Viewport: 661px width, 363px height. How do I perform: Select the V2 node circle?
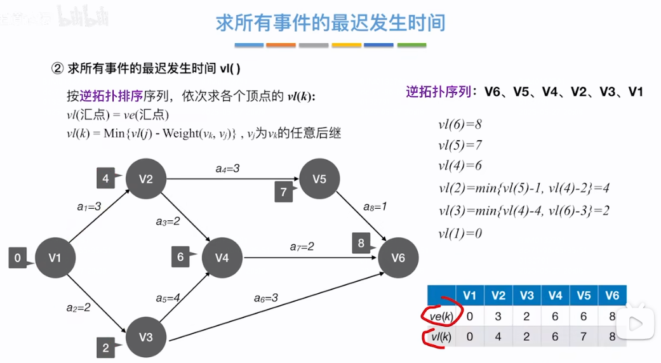146,179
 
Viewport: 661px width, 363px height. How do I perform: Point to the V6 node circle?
398,258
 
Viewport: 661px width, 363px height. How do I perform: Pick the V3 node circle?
146,336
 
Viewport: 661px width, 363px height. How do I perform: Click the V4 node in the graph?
222,258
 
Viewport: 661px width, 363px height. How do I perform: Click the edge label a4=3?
227,168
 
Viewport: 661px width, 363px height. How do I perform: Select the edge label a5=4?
168,297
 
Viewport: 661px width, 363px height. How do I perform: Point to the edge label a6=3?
266,297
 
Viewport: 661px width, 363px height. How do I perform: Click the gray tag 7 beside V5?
284,192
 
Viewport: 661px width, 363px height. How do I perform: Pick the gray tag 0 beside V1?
18,258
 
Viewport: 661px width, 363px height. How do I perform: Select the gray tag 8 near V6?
361,243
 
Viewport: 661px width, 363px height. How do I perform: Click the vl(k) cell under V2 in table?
498,336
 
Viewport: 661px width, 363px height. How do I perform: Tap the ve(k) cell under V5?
584,316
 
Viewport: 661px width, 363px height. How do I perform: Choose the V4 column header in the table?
555,295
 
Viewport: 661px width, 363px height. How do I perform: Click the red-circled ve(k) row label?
439,316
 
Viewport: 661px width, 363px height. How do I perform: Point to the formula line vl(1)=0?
460,233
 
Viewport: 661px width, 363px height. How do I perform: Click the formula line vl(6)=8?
460,124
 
